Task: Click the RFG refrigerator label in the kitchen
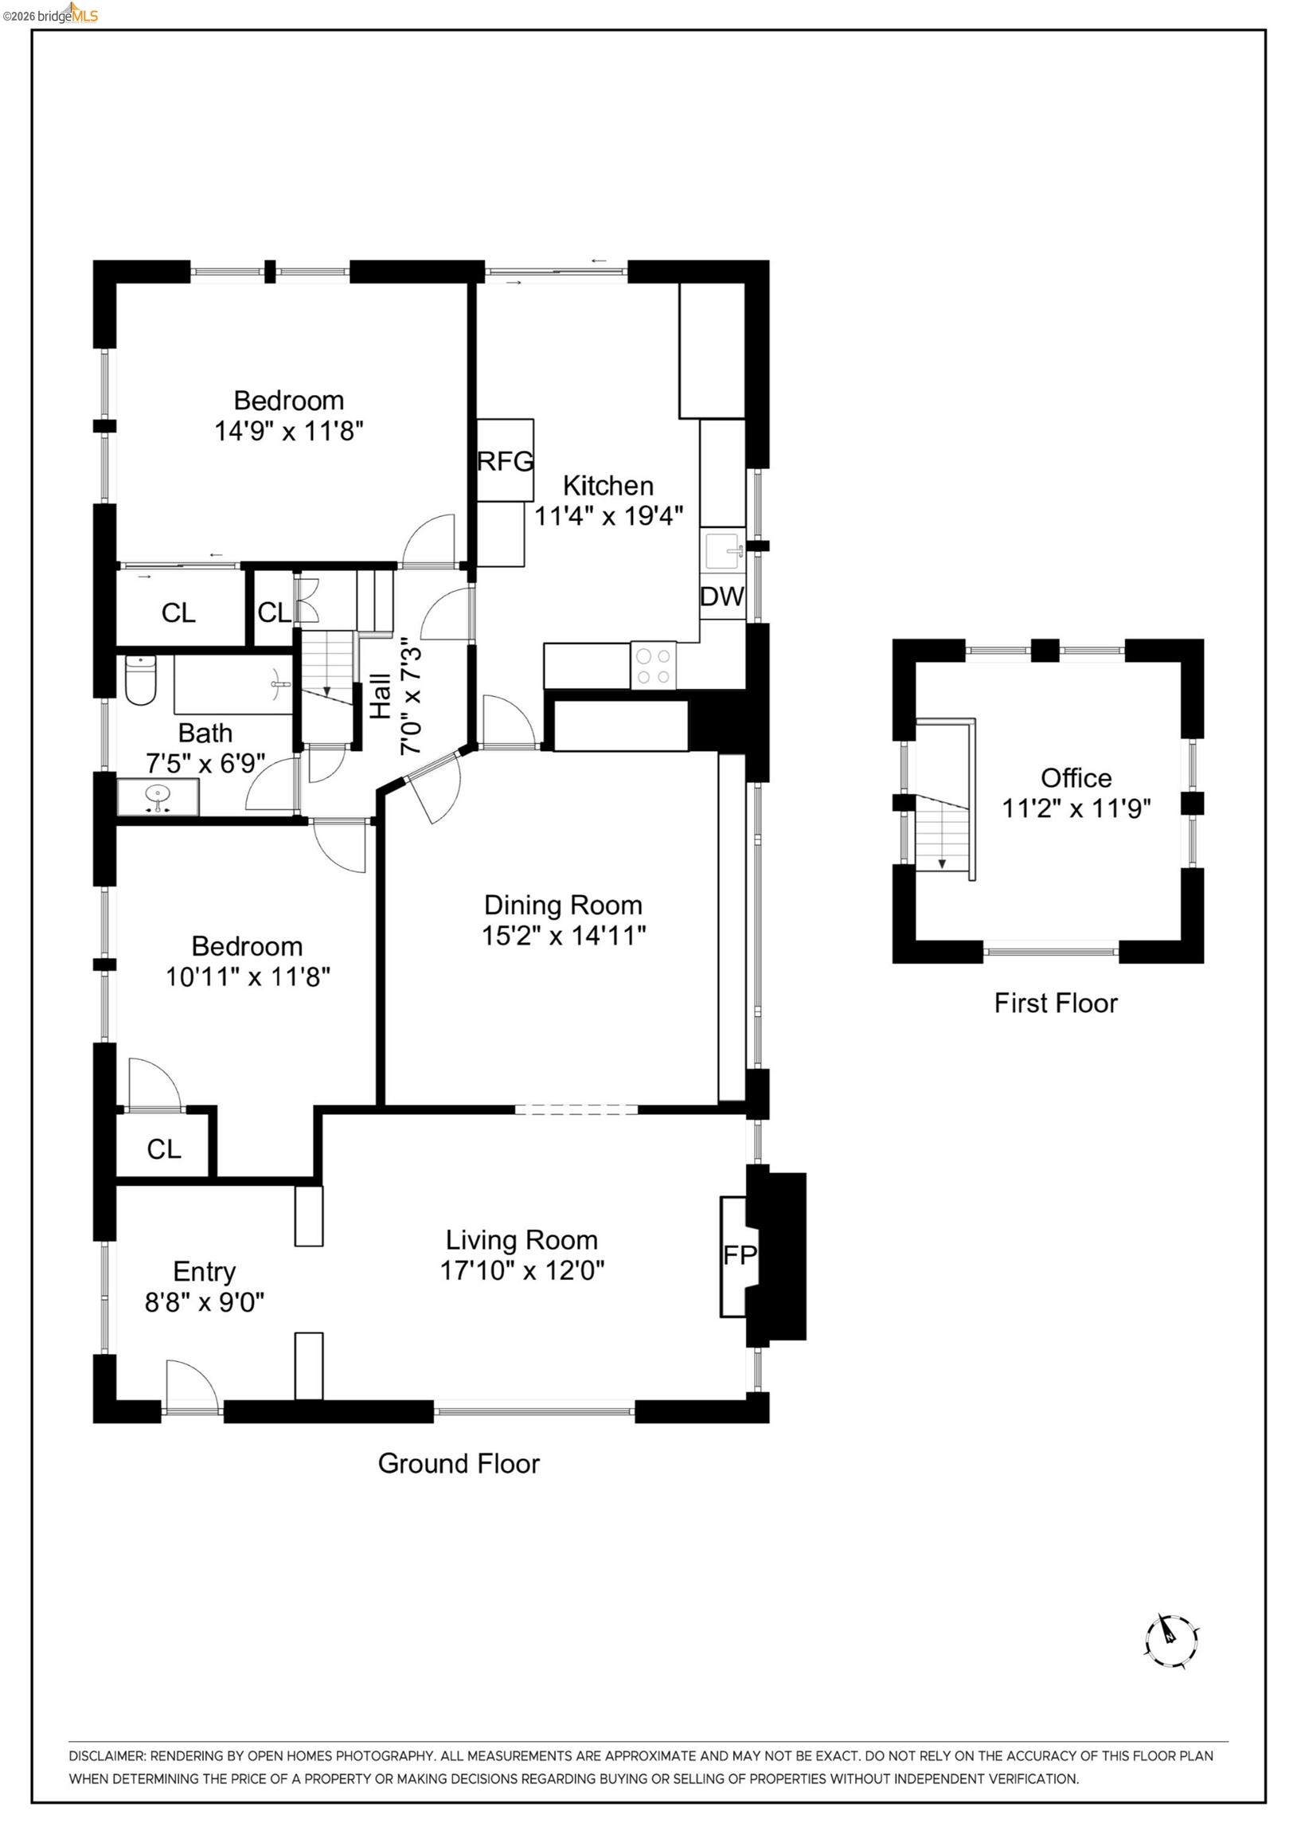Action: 504,461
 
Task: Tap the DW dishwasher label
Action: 721,597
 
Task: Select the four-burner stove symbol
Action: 653,666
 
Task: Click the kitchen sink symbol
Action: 723,550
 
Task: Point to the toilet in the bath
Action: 141,680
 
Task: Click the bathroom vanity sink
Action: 158,796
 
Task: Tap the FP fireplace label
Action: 739,1254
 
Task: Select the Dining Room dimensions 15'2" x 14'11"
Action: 564,936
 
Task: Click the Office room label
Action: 1076,777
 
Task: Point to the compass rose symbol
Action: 1170,1641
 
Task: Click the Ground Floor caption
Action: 459,1463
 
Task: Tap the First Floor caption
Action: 1055,1003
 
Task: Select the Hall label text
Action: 381,695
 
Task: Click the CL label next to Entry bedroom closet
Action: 164,1149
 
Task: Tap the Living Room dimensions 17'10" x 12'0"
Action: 522,1270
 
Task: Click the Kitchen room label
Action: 608,485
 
